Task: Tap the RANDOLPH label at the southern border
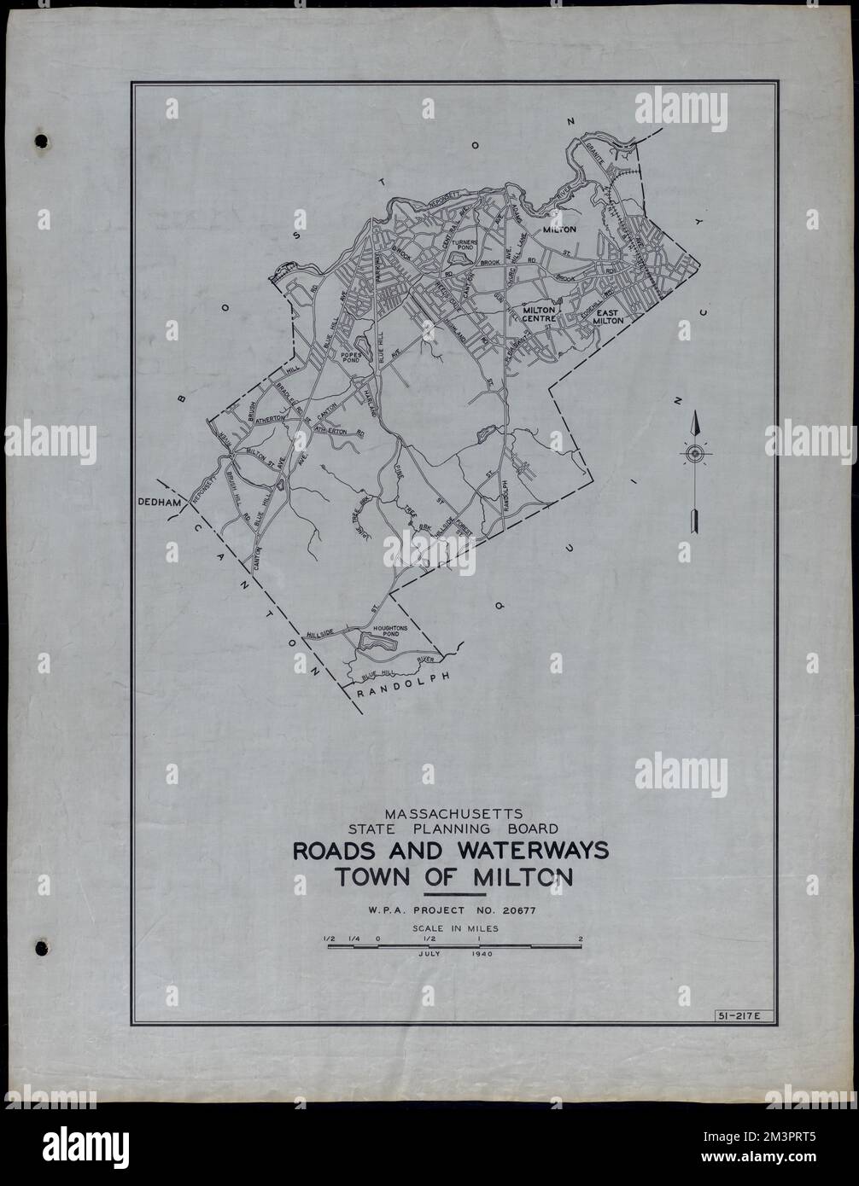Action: click(400, 688)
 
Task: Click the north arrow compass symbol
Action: click(695, 452)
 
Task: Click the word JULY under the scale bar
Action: click(431, 956)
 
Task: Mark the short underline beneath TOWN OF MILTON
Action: click(453, 892)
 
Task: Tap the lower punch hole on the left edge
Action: click(38, 945)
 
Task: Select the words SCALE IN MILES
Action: click(453, 927)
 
